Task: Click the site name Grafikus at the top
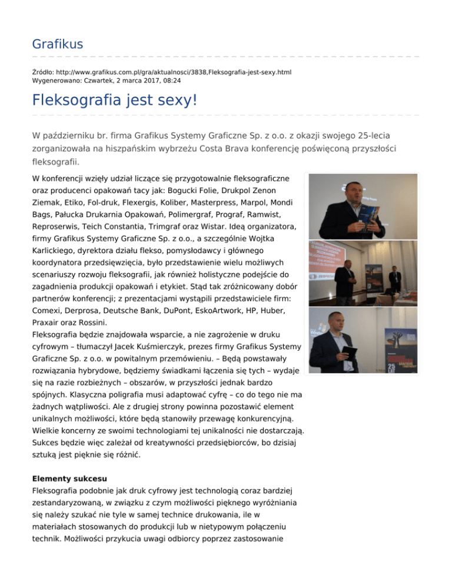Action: (x=57, y=44)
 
